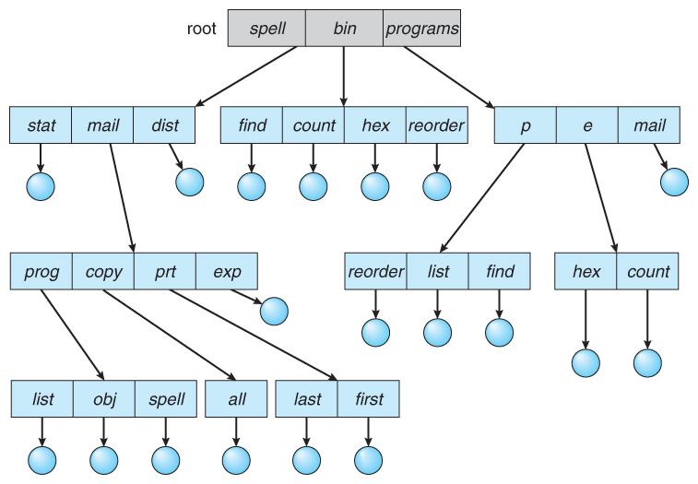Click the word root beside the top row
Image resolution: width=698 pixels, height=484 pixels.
point(201,29)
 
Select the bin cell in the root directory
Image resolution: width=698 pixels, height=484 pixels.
point(344,29)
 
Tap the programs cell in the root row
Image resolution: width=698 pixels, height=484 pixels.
point(421,29)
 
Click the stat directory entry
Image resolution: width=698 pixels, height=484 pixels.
point(41,125)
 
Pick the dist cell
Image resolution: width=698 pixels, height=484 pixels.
point(164,125)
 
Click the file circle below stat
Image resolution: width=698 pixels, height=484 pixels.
point(41,185)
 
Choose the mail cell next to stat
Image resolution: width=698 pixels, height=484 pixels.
point(102,125)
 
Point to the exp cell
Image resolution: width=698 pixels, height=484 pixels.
point(227,272)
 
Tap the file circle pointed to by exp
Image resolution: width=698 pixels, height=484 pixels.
point(274,311)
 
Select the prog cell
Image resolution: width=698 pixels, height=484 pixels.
point(41,272)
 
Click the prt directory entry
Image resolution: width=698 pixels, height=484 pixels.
point(165,272)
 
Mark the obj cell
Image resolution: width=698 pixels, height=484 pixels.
point(103,400)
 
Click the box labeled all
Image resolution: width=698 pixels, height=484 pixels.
point(236,400)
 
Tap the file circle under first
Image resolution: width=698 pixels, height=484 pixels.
point(368,459)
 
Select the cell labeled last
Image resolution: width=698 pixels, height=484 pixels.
point(306,400)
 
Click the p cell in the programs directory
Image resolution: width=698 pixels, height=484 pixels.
point(525,125)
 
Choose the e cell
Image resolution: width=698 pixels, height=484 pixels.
point(586,125)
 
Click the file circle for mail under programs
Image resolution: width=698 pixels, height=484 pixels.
point(674,182)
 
